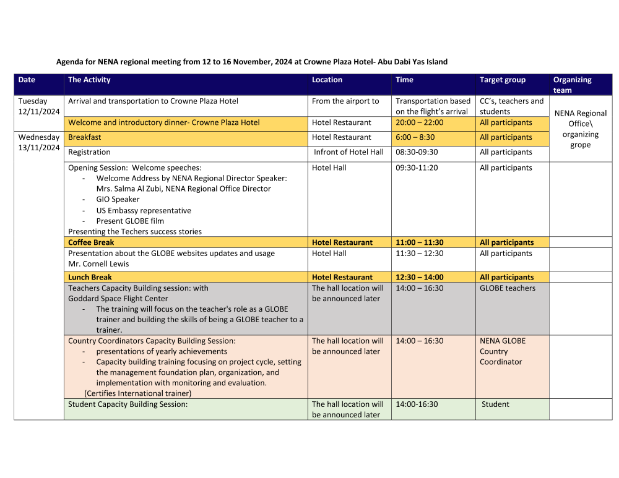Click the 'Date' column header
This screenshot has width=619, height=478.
pos(27,80)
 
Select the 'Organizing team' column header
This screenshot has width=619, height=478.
pos(572,85)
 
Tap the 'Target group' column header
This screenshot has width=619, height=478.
pos(502,80)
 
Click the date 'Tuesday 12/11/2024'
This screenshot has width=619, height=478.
pos(39,106)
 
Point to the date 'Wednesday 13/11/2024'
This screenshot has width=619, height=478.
pos(39,142)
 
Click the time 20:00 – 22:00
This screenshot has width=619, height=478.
pos(419,122)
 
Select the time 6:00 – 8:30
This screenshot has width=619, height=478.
pos(415,137)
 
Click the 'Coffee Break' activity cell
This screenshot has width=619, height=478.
pos(91,242)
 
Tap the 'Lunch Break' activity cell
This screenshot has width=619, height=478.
pos(90,277)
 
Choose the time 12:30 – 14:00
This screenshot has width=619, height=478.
pos(419,277)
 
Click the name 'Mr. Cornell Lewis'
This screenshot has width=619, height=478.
pos(98,263)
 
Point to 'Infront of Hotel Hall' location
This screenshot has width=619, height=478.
pos(348,152)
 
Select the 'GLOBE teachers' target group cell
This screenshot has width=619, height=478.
pos(507,288)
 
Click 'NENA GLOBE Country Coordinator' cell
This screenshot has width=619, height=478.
pos(502,351)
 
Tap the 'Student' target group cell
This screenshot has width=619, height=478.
pos(495,404)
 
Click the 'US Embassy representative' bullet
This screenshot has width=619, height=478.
pos(144,210)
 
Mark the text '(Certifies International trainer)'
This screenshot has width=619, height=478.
pos(138,393)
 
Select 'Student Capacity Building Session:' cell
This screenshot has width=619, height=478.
pos(128,404)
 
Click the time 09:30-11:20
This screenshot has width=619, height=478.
pos(416,168)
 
